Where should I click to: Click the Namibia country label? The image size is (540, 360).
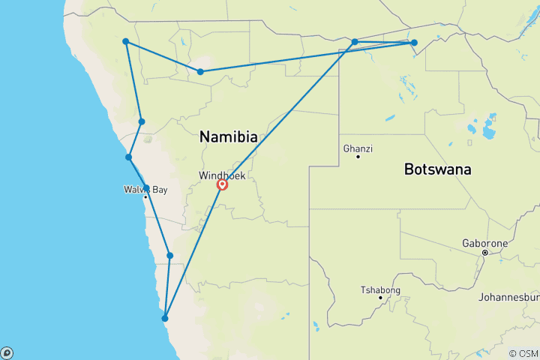click(229, 137)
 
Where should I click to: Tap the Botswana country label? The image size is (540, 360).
click(437, 169)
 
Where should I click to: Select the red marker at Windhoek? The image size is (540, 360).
click(223, 184)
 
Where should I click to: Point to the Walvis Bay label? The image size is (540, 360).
click(145, 190)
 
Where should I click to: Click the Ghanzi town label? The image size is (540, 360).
click(358, 148)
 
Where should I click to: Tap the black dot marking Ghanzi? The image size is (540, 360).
click(358, 157)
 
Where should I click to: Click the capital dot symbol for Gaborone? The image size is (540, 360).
click(485, 253)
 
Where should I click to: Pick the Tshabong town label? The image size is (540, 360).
click(380, 290)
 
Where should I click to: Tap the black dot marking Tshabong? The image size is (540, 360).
click(380, 298)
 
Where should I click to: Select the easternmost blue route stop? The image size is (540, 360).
click(414, 43)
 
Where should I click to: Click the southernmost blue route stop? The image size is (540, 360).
click(165, 318)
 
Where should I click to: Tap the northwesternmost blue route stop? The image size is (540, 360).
click(126, 41)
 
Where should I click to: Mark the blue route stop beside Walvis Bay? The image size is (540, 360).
click(146, 188)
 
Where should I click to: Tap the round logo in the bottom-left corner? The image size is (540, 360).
click(7, 352)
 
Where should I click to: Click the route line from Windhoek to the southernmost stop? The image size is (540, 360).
click(193, 251)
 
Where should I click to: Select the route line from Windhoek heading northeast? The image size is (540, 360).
click(289, 112)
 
